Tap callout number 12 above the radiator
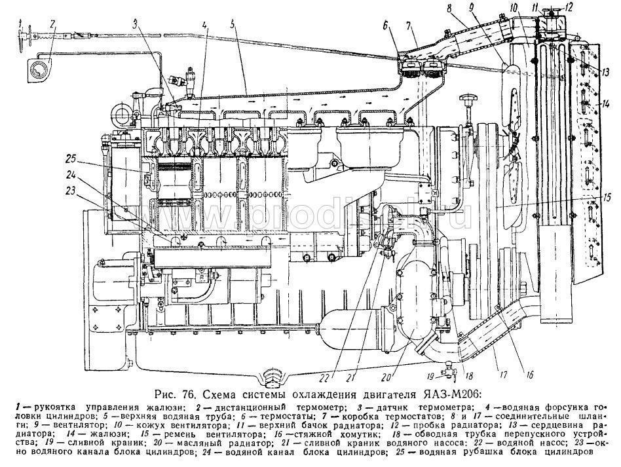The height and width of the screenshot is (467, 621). point(569,9)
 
